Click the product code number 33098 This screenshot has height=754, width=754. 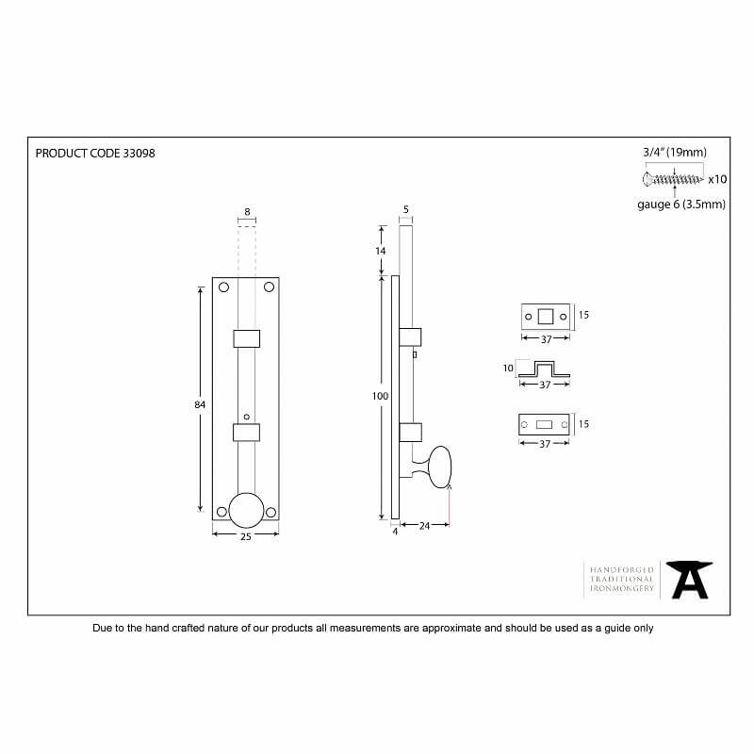(139, 154)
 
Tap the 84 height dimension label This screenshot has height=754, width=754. (200, 405)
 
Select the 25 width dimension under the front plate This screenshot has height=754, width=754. (246, 536)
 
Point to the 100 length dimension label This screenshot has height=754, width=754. (380, 396)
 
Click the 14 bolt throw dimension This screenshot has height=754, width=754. (381, 251)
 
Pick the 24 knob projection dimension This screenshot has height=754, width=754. (424, 526)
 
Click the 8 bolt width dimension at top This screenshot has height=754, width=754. (247, 211)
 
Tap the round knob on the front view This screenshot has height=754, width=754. (246, 510)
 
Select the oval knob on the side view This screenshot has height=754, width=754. (440, 467)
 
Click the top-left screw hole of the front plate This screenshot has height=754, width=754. (223, 287)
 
